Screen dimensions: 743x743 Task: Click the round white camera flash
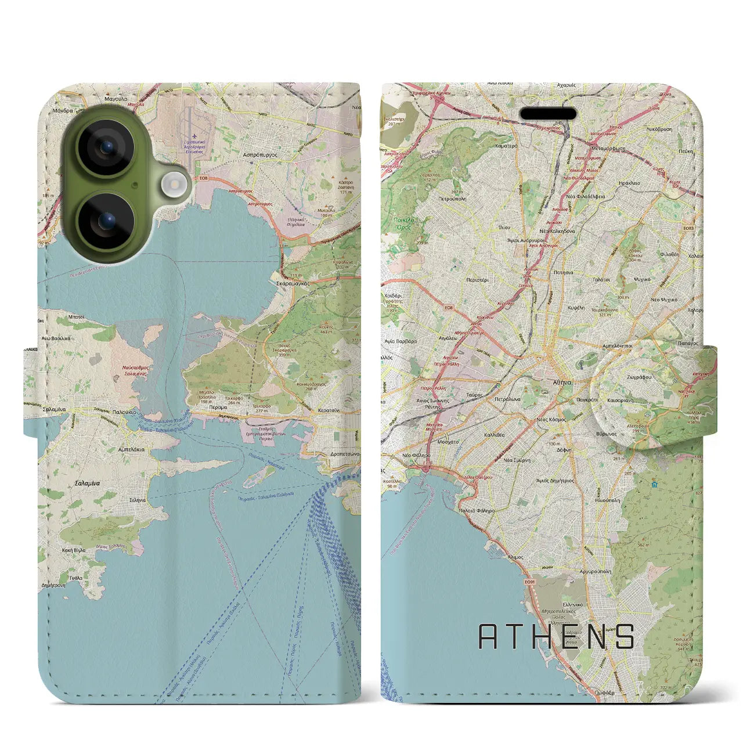[174, 186]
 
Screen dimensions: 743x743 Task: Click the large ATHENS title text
[556, 637]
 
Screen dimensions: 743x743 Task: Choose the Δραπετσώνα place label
[341, 454]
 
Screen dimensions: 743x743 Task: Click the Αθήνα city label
[562, 383]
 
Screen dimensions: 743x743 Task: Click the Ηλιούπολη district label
[607, 500]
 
